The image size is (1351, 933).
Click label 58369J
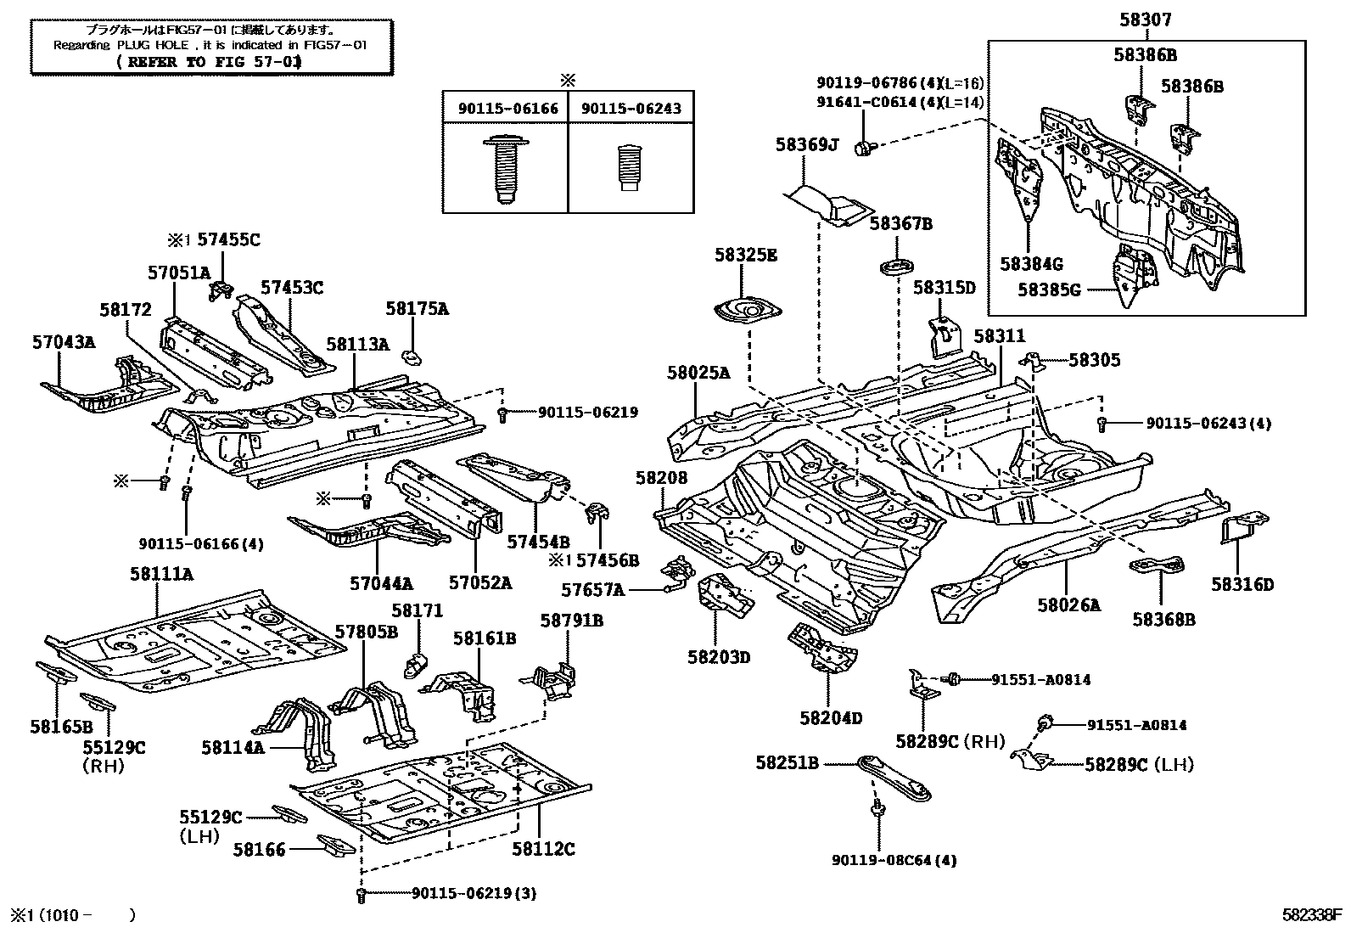click(805, 145)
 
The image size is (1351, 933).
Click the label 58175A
click(417, 309)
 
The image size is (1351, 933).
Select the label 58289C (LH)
click(1139, 765)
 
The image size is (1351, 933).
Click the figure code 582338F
click(1312, 915)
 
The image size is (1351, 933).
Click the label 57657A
click(592, 589)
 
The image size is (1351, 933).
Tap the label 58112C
click(543, 848)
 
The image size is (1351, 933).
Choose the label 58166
click(261, 848)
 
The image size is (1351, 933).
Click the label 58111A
click(161, 575)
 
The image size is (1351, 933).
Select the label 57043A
click(64, 342)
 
